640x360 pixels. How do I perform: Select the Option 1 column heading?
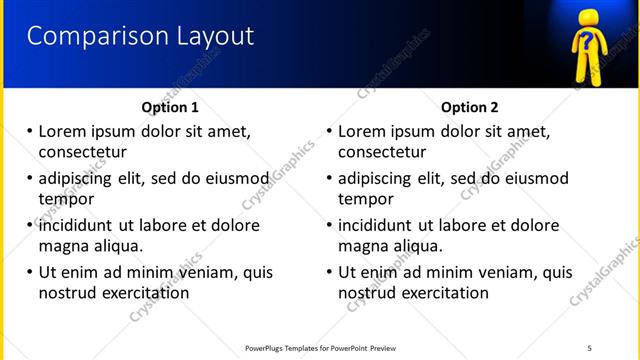[170, 107]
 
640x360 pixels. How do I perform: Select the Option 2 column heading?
[469, 107]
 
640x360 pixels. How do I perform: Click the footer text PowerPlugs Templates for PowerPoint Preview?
[320, 348]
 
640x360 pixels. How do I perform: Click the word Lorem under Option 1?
[65, 131]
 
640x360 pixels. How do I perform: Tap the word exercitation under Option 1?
[144, 293]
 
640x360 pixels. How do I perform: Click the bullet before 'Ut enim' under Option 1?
[30, 272]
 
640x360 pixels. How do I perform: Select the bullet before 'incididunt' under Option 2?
[329, 225]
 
